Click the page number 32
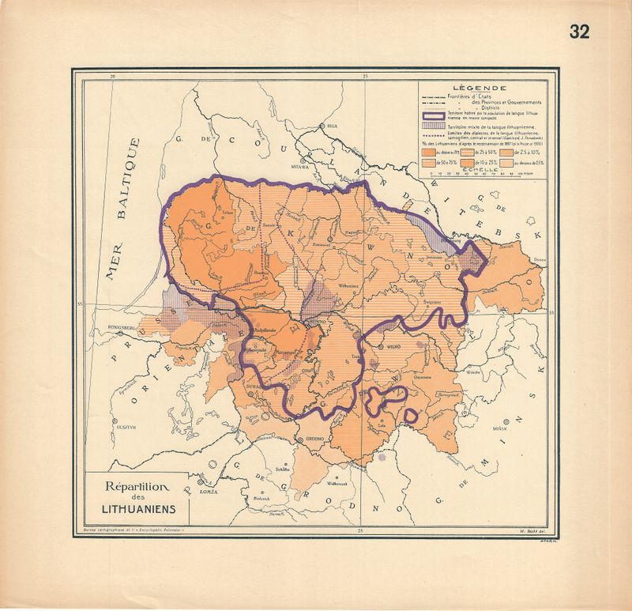click(x=578, y=32)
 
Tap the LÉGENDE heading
click(x=480, y=88)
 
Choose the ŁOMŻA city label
click(x=209, y=492)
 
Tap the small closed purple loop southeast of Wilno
click(x=411, y=414)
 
